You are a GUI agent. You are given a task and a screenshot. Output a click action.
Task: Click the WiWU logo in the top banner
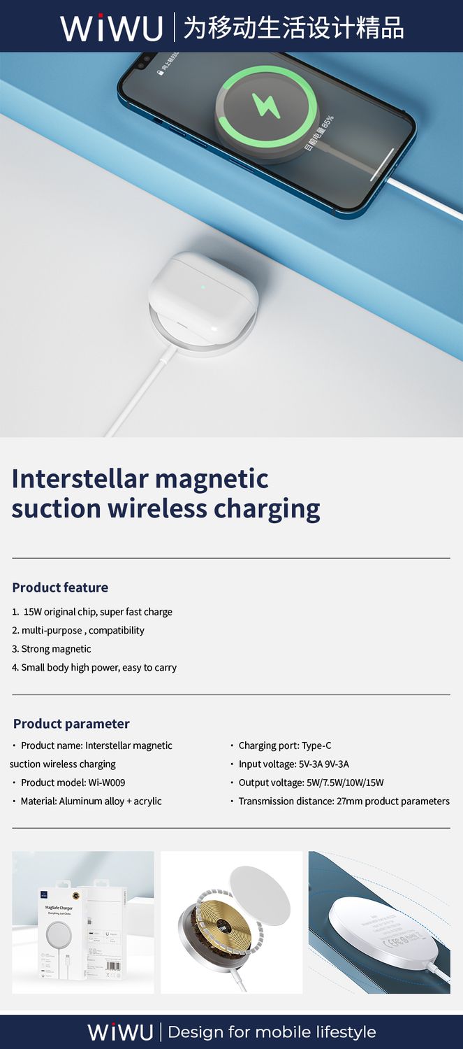pos(111,27)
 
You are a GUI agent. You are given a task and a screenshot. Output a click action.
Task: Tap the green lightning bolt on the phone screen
pos(266,105)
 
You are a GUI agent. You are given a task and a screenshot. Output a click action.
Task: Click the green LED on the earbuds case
pos(203,285)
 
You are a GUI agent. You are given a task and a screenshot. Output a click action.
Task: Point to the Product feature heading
pos(60,587)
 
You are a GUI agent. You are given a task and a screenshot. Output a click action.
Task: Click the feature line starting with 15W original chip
pos(97,612)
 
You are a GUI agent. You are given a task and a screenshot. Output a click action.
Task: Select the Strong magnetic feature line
pos(56,649)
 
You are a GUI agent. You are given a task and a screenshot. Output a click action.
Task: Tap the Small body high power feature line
pos(98,667)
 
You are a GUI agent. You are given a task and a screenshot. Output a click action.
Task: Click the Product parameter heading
pos(71,724)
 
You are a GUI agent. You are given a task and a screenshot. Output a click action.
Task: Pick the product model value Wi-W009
pos(107,783)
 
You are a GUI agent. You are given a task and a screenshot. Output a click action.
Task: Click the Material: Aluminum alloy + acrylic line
pos(91,801)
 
